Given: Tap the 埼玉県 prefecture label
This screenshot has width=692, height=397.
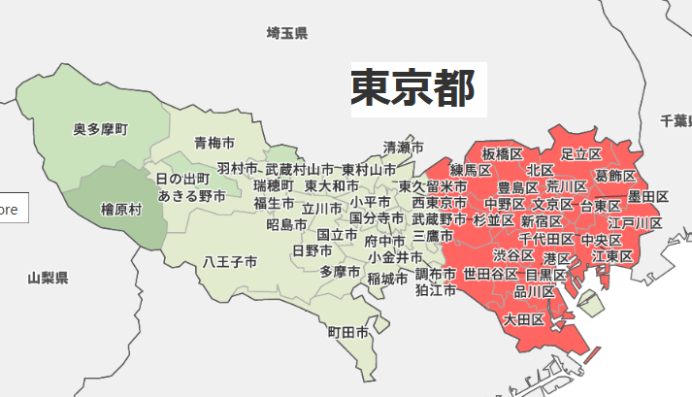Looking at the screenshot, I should click(286, 34).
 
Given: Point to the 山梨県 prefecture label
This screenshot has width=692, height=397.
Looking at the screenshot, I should click(48, 279).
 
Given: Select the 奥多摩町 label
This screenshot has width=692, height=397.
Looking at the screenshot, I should click(101, 128).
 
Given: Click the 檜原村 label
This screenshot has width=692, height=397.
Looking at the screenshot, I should click(121, 209).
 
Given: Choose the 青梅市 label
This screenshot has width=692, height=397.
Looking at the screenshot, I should click(213, 143).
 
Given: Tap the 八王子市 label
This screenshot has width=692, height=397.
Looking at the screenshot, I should click(230, 262).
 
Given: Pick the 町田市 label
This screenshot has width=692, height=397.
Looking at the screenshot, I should click(347, 332).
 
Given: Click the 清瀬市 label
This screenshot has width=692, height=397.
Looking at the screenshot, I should click(403, 148).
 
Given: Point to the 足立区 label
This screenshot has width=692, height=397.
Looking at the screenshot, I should click(581, 153).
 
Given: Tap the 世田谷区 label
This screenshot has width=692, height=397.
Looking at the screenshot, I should click(490, 274).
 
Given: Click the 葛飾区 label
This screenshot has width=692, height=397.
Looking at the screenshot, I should click(615, 176).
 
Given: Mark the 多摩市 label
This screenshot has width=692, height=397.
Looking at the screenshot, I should click(340, 271).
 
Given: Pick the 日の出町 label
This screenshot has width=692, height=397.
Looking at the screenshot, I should click(182, 180).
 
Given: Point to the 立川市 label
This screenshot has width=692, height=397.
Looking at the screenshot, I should click(321, 208).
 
